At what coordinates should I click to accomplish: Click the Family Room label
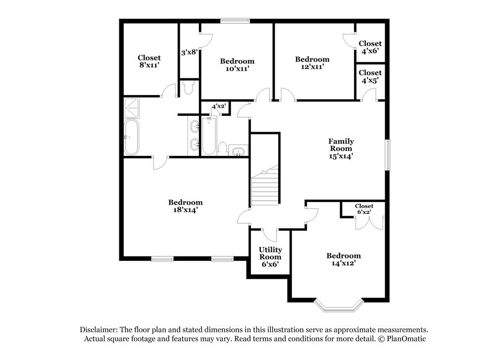tap(341, 145)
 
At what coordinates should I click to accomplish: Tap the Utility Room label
tap(270, 254)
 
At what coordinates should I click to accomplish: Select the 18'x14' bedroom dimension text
tap(185, 210)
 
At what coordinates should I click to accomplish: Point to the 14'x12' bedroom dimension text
tap(343, 263)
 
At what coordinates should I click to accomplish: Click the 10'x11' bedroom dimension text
tap(237, 69)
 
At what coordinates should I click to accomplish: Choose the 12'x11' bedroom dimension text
tap(312, 67)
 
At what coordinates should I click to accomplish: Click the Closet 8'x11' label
tap(149, 61)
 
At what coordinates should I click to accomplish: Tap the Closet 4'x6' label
tap(370, 47)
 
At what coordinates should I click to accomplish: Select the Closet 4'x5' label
tap(370, 76)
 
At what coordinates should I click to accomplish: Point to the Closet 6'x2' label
tap(364, 209)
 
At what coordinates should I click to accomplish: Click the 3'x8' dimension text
tap(189, 51)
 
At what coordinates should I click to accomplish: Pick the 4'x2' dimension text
tap(218, 106)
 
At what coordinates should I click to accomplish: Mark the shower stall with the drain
tap(132, 105)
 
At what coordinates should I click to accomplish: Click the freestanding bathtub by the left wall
tap(131, 137)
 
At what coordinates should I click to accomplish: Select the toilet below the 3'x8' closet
tap(188, 88)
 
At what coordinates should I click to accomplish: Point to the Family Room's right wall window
tap(388, 155)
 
